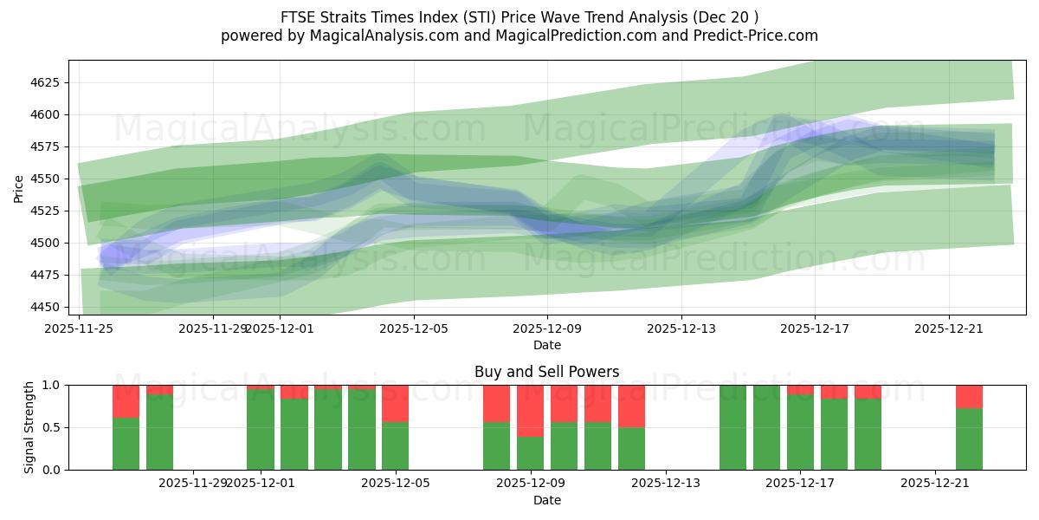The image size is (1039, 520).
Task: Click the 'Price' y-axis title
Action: click(x=18, y=187)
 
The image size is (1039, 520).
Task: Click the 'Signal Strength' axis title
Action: click(x=29, y=427)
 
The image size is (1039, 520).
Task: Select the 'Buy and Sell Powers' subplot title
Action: click(x=546, y=372)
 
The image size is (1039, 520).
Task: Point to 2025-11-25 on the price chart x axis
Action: click(x=80, y=328)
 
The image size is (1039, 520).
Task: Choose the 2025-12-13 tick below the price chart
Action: click(x=681, y=328)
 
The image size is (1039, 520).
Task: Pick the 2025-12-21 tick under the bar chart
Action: click(x=935, y=483)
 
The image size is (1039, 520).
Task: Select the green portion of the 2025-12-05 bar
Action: click(x=395, y=445)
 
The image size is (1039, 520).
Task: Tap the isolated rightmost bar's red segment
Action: click(x=969, y=396)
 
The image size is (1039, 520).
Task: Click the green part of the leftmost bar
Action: click(x=126, y=444)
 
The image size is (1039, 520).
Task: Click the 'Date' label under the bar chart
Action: click(x=546, y=500)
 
